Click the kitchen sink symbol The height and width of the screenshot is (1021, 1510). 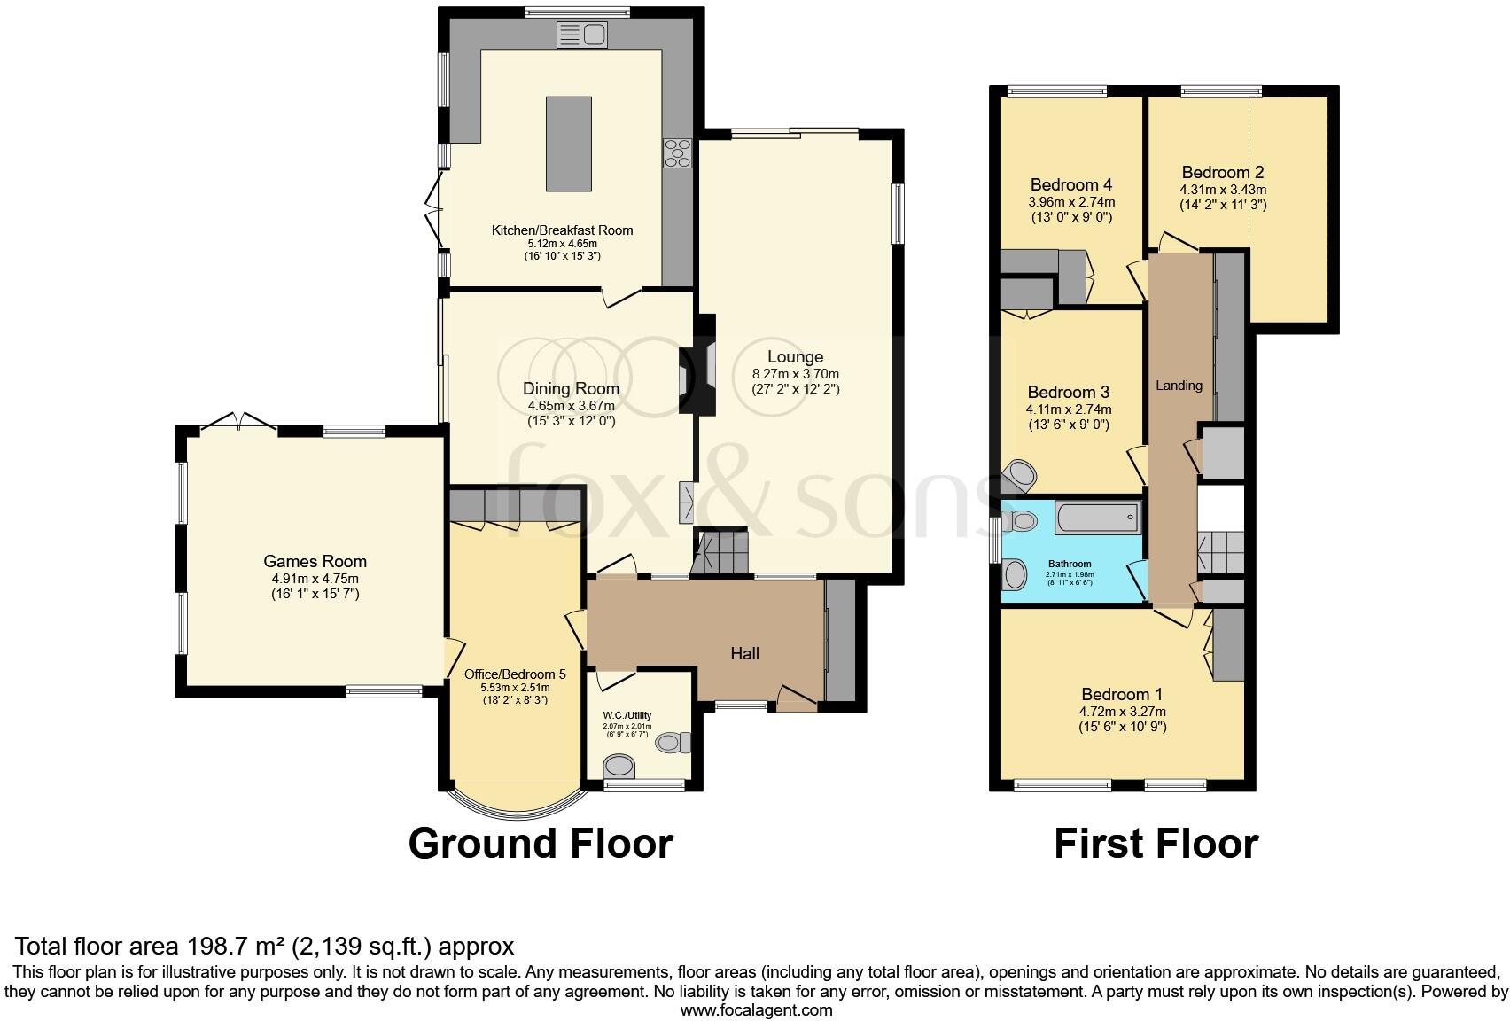(581, 35)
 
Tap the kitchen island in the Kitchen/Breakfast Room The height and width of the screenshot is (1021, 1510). (569, 144)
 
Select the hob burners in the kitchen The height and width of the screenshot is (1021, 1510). (679, 153)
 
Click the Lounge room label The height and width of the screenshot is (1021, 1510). (795, 357)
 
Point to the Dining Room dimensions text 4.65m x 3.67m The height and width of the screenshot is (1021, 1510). (571, 405)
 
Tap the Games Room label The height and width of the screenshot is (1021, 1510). (315, 561)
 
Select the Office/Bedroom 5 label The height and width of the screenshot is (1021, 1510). (515, 674)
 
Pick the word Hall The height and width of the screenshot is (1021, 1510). (744, 653)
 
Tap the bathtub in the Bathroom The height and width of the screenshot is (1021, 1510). (1096, 517)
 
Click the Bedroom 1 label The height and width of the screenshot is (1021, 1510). (1122, 694)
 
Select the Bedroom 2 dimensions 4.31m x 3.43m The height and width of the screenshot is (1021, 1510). (1223, 190)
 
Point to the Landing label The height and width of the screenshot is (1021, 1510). (1179, 385)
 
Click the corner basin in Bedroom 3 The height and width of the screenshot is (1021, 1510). (1021, 475)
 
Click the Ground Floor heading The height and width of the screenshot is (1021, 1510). (541, 843)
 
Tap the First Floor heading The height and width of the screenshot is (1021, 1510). (1156, 843)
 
